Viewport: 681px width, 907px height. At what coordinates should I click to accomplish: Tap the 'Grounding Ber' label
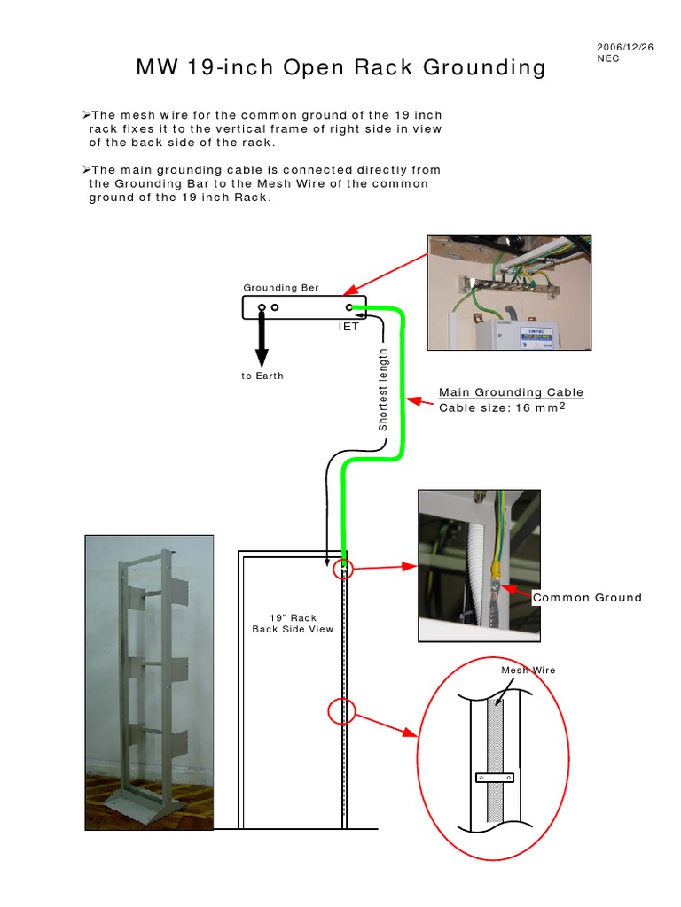(x=281, y=288)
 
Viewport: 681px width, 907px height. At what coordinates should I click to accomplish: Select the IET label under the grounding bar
(x=348, y=327)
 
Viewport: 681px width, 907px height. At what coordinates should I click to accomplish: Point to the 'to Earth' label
(x=262, y=376)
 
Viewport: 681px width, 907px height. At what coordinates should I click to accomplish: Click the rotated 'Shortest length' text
(x=383, y=390)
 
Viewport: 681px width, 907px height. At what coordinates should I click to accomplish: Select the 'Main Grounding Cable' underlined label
(x=511, y=392)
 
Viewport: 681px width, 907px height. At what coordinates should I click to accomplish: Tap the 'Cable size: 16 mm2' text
(x=502, y=407)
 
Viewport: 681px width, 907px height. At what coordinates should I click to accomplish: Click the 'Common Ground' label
(x=587, y=598)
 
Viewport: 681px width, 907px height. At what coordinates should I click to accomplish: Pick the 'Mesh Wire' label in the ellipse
(x=528, y=670)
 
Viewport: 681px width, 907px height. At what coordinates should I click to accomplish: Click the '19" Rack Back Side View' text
(x=293, y=624)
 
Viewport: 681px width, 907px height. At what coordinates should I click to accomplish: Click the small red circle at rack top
(x=342, y=570)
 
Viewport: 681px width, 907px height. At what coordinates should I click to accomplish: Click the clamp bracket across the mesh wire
(x=494, y=778)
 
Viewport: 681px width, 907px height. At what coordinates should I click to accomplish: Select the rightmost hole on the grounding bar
(x=349, y=308)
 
